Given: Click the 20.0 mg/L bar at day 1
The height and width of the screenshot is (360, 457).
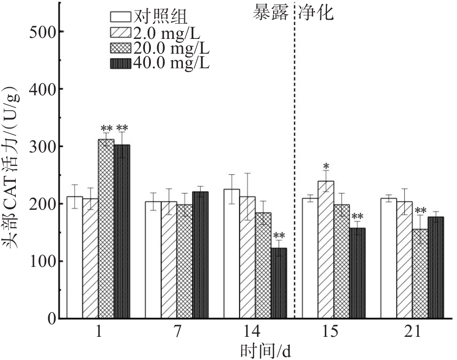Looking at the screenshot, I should tap(106, 229).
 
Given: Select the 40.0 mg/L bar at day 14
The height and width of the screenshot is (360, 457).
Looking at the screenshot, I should tap(279, 283).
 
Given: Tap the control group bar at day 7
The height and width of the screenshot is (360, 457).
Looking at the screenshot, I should tap(152, 260).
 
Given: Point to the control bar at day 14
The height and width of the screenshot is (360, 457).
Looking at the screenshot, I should tap(231, 254).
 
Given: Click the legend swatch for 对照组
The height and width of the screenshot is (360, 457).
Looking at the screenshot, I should tap(120, 18).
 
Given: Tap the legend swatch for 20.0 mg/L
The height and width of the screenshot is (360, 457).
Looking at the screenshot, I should tap(120, 49).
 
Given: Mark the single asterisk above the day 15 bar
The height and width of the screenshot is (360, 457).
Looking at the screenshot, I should tap(326, 166).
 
